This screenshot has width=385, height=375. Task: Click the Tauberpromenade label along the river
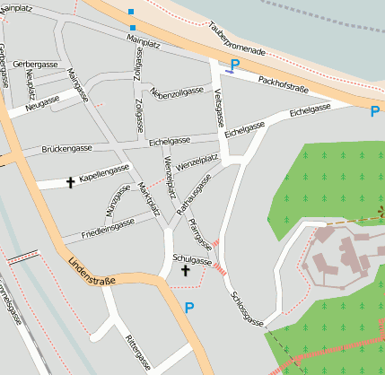point(235,39)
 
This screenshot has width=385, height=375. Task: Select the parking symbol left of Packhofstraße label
point(234,65)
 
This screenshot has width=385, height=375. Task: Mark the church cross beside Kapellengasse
point(70,182)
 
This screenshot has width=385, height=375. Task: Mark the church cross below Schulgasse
point(186,270)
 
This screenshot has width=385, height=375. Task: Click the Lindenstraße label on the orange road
point(92,274)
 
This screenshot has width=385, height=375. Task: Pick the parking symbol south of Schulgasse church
point(188,308)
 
